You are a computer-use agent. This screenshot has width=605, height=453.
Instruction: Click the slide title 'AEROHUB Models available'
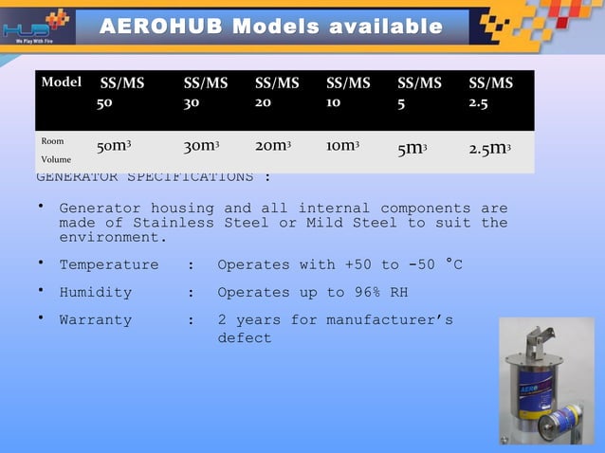pos(271,27)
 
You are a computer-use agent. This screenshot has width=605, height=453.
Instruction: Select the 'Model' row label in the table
pos(61,82)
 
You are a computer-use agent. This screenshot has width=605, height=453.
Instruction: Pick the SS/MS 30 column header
pos(205,93)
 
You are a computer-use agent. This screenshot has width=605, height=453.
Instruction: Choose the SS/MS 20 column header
pos(276,93)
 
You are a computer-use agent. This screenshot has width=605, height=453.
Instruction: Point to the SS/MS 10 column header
pos(347,93)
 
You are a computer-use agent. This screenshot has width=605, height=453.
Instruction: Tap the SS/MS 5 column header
pos(418,93)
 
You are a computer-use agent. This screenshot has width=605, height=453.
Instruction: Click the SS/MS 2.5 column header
pos(490,93)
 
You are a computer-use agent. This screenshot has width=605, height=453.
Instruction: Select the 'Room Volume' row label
pos(55,151)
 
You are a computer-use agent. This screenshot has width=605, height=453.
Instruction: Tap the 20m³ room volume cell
pos(273,147)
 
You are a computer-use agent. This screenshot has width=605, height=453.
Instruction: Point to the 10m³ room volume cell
pos(343,147)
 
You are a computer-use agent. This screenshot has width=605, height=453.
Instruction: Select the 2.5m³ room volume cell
pos(492,148)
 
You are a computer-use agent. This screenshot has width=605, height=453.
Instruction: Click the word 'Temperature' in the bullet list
pos(108,264)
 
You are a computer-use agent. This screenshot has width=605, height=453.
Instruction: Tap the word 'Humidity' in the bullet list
pos(95,293)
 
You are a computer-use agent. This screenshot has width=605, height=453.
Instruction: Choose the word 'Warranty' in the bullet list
pos(95,320)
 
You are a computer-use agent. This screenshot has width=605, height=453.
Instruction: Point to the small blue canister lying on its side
pos(559,421)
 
